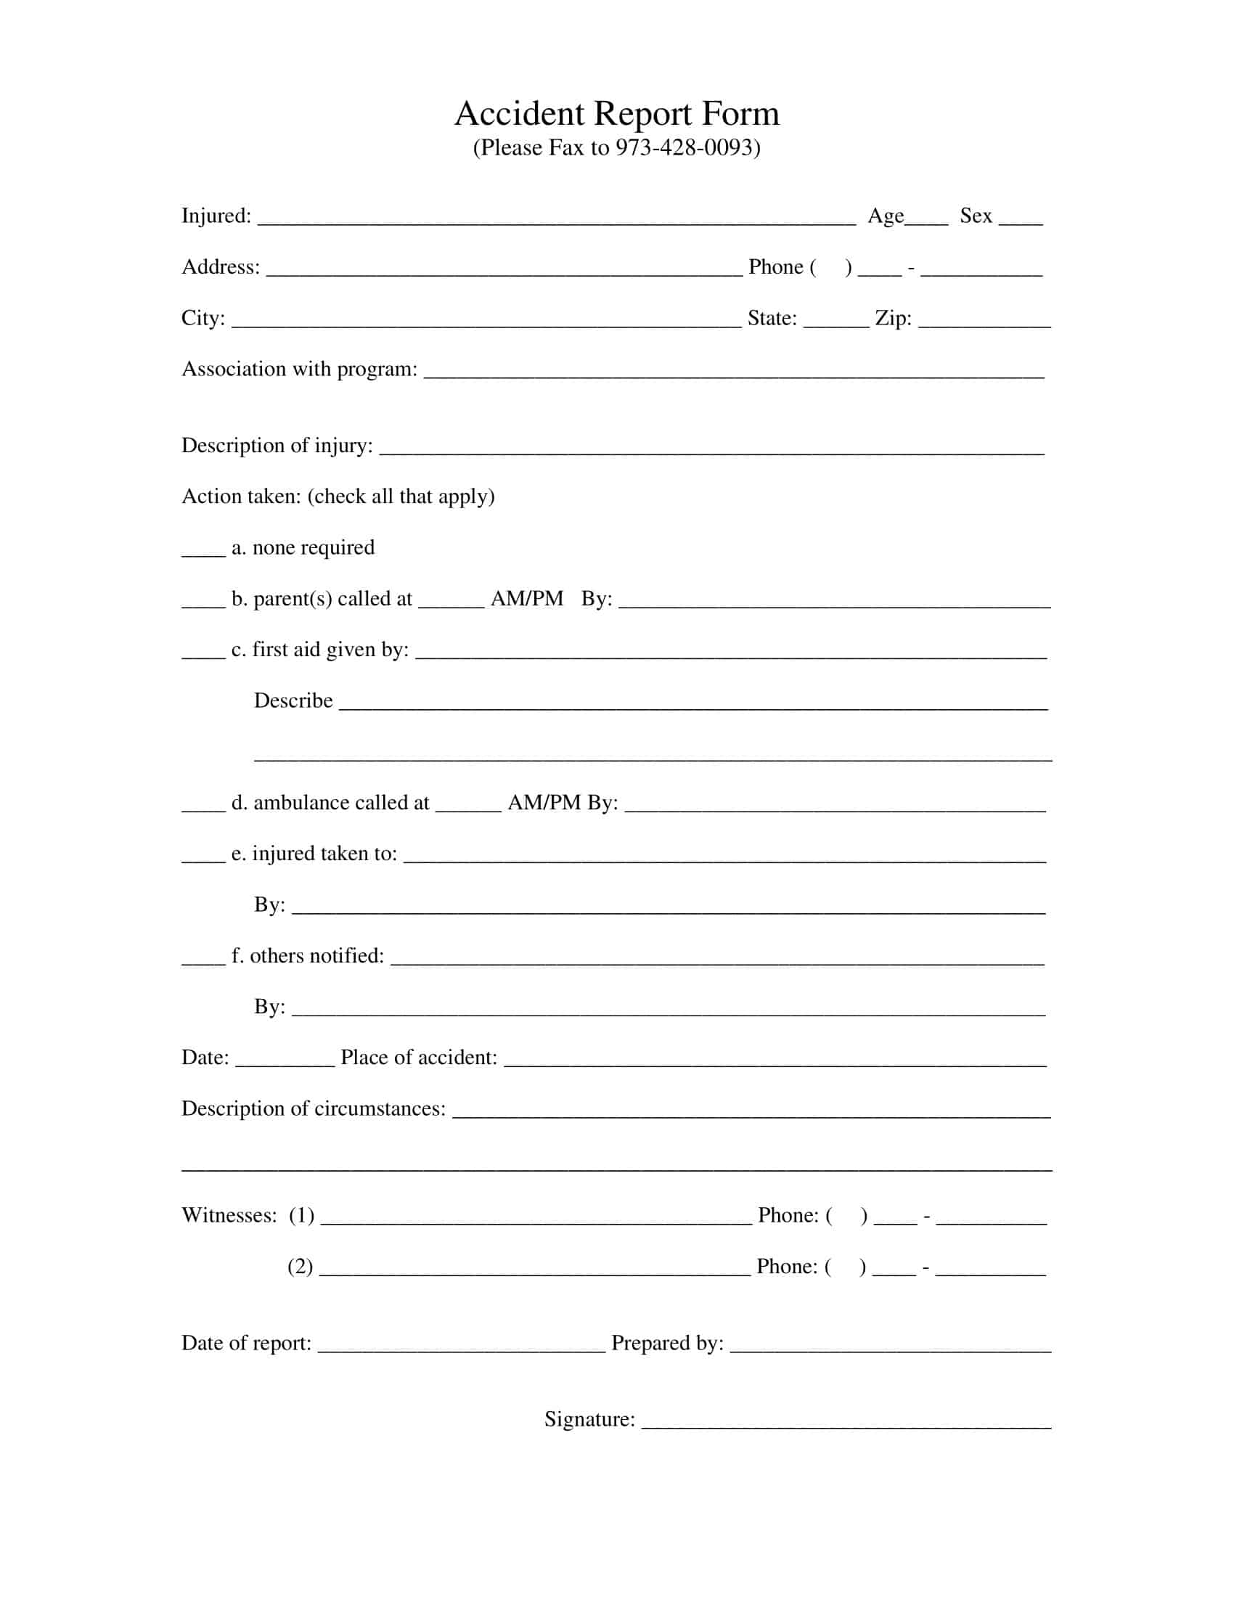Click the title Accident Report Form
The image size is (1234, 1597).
pos(616,114)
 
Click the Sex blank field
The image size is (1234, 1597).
pos(1020,219)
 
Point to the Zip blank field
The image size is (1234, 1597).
pos(984,322)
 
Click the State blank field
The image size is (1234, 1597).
pos(835,322)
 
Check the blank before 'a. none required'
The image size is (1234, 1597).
pos(203,552)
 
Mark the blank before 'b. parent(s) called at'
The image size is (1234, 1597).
pos(203,603)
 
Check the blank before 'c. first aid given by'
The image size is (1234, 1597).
pos(203,654)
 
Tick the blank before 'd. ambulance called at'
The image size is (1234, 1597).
pos(203,806)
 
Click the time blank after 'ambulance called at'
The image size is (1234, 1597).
pos(468,806)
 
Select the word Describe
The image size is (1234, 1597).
pos(293,701)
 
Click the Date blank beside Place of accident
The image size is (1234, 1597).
pos(285,1062)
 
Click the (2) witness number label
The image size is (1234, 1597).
pos(300,1267)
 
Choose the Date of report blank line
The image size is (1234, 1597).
pos(461,1347)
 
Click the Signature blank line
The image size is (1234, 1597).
pos(846,1424)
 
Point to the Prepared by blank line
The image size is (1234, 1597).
pos(890,1347)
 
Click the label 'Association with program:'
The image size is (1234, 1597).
pos(299,369)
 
